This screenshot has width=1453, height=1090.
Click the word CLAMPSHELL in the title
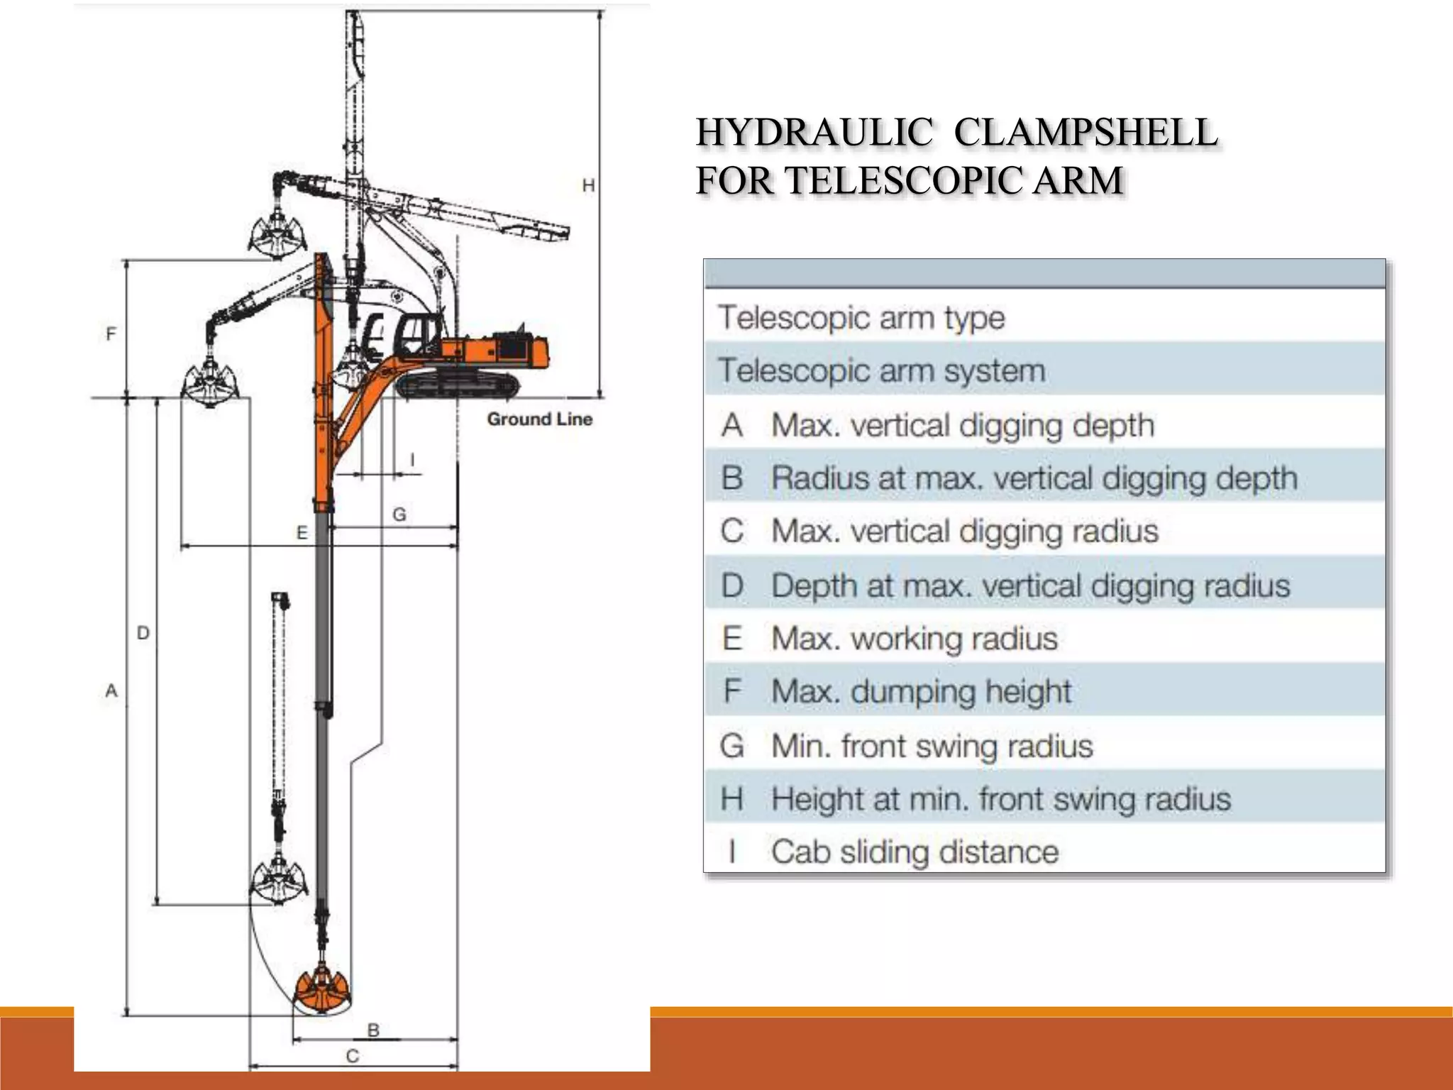coord(1085,133)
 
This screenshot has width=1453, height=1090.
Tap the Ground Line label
coord(539,419)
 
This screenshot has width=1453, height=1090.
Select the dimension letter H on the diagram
coord(588,186)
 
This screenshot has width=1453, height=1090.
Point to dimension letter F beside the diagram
coord(111,334)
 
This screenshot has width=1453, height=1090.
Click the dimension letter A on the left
coord(111,690)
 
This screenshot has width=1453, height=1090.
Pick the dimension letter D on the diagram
coord(143,632)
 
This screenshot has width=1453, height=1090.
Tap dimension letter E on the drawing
coord(302,533)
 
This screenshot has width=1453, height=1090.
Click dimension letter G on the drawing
coord(399,514)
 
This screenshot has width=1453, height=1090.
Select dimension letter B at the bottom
coord(373,1030)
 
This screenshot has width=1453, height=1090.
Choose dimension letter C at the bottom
coord(353,1056)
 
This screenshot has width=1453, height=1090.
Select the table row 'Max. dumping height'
coord(921,691)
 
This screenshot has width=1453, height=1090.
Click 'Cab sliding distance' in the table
coord(915,852)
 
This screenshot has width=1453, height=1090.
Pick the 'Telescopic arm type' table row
coord(861,317)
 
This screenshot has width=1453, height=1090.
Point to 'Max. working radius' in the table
coord(914,639)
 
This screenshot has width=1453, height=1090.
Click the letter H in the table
coord(731,799)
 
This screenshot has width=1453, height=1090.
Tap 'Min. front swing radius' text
coord(932,746)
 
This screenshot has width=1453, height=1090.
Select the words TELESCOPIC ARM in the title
coord(955,180)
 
